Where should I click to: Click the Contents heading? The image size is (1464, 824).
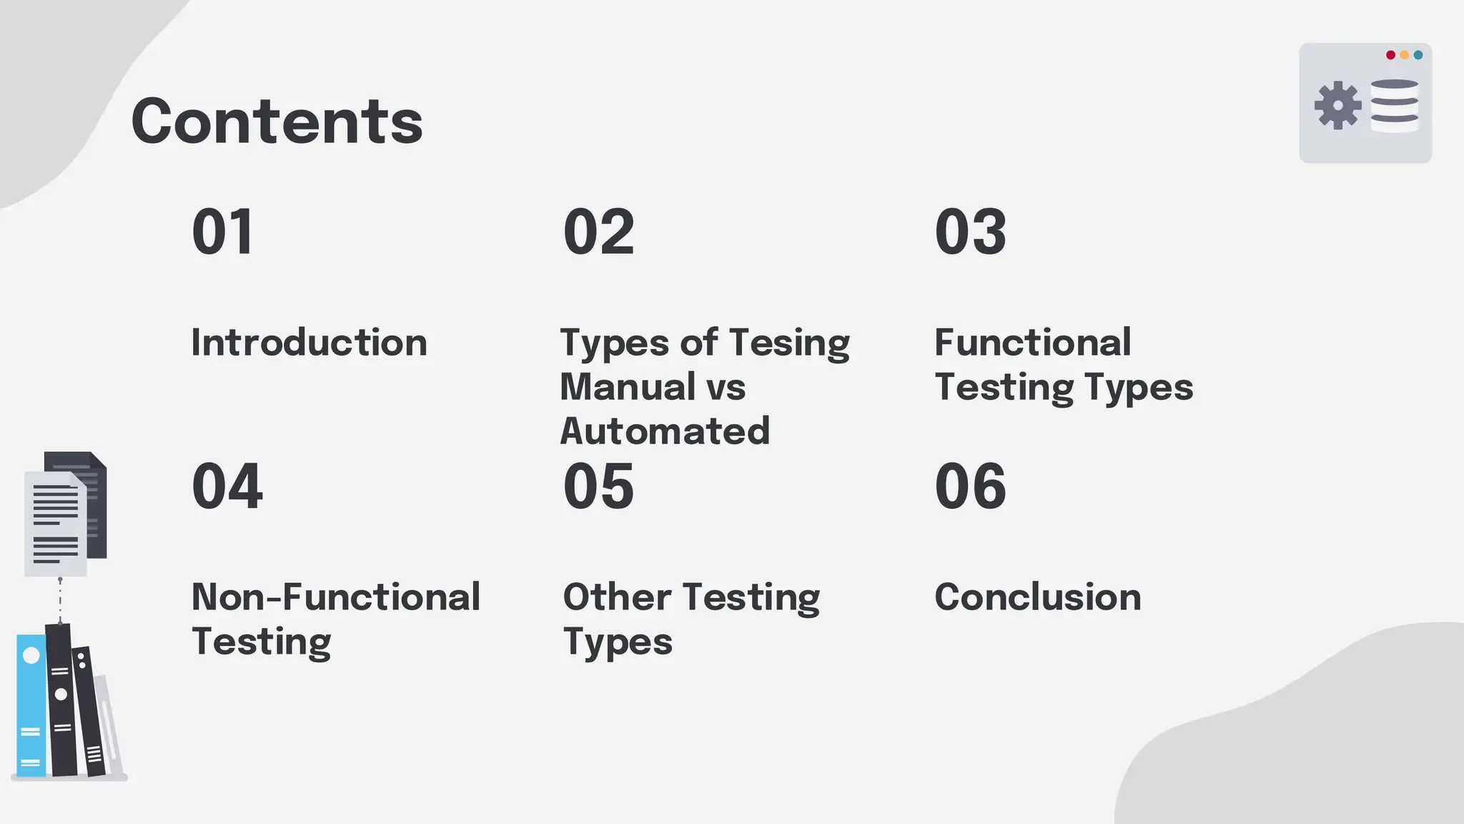tap(277, 122)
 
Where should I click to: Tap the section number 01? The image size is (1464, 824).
tap(222, 232)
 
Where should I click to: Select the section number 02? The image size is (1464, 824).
tap(598, 232)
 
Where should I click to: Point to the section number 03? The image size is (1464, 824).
tap(970, 232)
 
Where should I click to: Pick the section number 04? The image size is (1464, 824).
tap(227, 486)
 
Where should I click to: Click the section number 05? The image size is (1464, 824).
tap(598, 486)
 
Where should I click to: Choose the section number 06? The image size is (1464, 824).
tap(970, 486)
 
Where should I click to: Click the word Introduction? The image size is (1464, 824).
tap(309, 343)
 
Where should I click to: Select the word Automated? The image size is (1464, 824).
tap(665, 431)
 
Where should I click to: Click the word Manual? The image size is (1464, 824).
tap(628, 387)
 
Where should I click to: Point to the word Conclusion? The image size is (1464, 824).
tap(1037, 597)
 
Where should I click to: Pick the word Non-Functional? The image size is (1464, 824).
tap(335, 597)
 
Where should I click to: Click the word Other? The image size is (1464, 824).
tap(617, 597)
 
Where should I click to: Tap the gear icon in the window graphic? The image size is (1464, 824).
tap(1337, 105)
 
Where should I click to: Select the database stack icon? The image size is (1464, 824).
tap(1394, 105)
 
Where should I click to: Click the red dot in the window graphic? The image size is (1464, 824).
tap(1390, 55)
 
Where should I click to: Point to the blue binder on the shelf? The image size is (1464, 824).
tap(31, 705)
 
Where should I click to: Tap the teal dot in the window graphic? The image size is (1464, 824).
tap(1418, 55)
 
